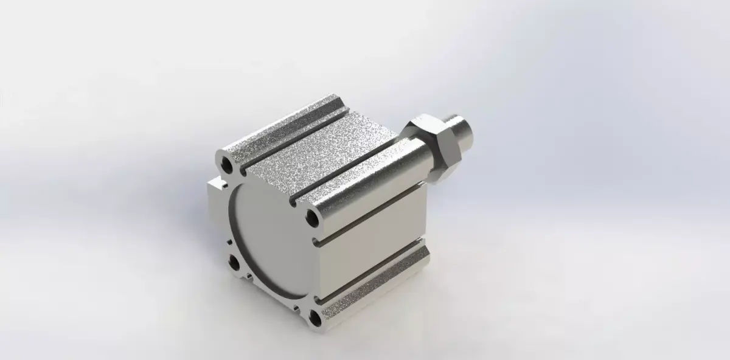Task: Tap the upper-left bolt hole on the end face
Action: pos(227,163)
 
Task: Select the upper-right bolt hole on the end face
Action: pos(312,216)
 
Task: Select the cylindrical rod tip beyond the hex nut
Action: pos(465,130)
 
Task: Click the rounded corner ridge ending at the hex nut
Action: pos(365,182)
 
